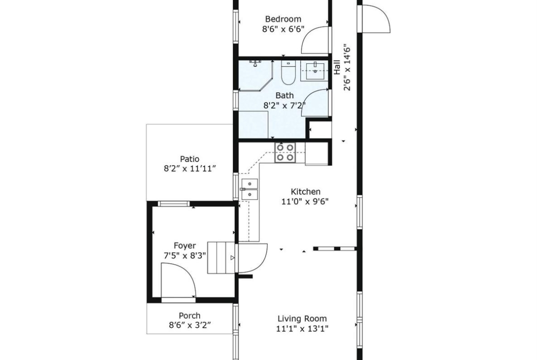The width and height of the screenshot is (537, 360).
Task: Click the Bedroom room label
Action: coord(283,19)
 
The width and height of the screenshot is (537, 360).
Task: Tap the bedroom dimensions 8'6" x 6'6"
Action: coord(283,29)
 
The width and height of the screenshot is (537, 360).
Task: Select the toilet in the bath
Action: coord(288,72)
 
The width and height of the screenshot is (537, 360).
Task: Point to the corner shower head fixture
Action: coord(255,63)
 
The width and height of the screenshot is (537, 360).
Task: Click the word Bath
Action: coord(285,95)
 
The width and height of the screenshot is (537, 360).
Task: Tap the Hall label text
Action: coord(337,67)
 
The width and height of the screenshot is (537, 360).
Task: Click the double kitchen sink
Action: coord(250,189)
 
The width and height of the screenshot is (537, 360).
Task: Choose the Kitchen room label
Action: coord(306,192)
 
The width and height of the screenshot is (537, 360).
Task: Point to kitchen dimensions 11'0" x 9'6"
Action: coord(305,202)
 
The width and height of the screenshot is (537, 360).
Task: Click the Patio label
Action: coord(190,159)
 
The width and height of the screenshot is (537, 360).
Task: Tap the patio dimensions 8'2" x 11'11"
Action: coord(190,169)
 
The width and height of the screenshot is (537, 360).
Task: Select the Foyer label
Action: coord(185,246)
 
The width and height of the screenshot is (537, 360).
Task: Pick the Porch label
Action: coord(190,316)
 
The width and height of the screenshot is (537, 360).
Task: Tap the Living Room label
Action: coord(302,319)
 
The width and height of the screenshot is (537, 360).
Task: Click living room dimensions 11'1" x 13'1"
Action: coord(302,329)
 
